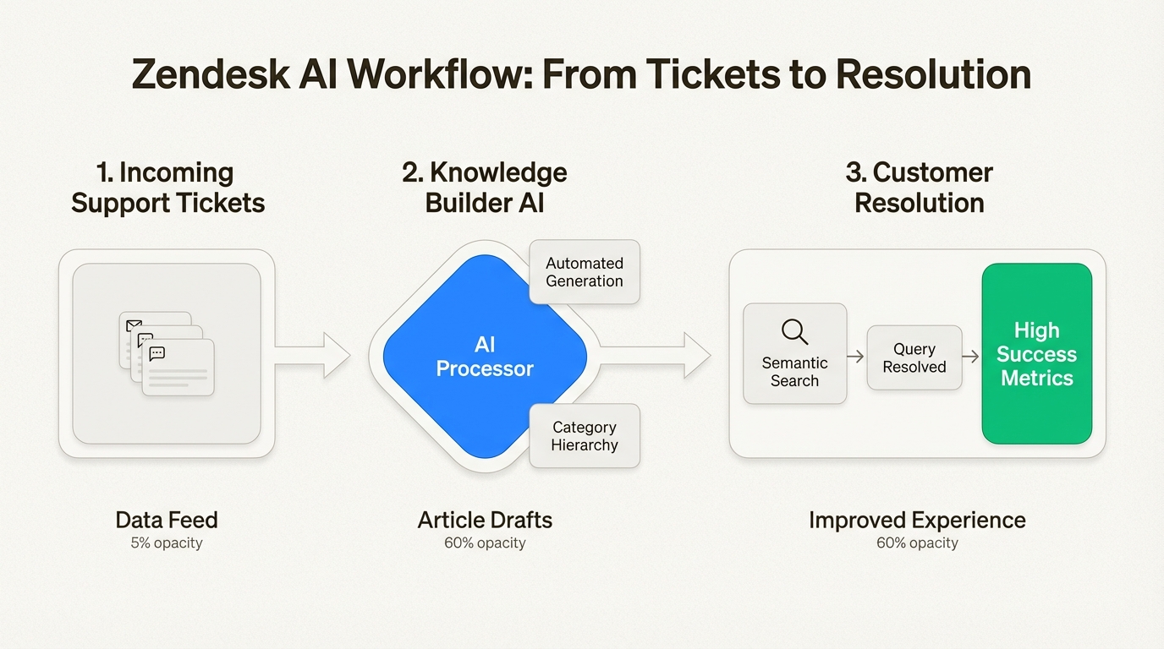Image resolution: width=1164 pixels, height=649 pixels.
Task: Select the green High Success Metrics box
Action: (1036, 353)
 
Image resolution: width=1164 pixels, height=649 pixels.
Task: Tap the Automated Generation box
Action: (585, 272)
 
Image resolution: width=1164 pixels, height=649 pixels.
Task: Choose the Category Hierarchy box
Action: (585, 436)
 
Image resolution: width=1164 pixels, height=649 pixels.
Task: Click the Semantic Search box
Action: (794, 353)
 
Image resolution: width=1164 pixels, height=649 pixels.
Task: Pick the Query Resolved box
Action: (914, 357)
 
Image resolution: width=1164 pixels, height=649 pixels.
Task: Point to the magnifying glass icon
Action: (794, 331)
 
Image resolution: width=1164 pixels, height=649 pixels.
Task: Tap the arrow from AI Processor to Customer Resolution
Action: (656, 355)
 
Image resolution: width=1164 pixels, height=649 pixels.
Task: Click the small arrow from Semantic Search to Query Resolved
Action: (856, 357)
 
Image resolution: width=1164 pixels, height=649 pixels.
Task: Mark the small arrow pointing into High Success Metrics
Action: (971, 357)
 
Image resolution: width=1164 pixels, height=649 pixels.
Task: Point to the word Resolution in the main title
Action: (933, 75)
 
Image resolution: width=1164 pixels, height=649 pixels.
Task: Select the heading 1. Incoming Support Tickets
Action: (167, 188)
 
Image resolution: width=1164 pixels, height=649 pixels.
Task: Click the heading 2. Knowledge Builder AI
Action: (484, 188)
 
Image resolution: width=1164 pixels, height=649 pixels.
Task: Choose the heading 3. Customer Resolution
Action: (919, 188)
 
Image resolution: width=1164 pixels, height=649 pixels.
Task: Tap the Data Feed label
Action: (167, 520)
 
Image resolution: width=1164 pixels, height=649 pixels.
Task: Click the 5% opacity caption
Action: (167, 543)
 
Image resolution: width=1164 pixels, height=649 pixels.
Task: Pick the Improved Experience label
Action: (917, 520)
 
